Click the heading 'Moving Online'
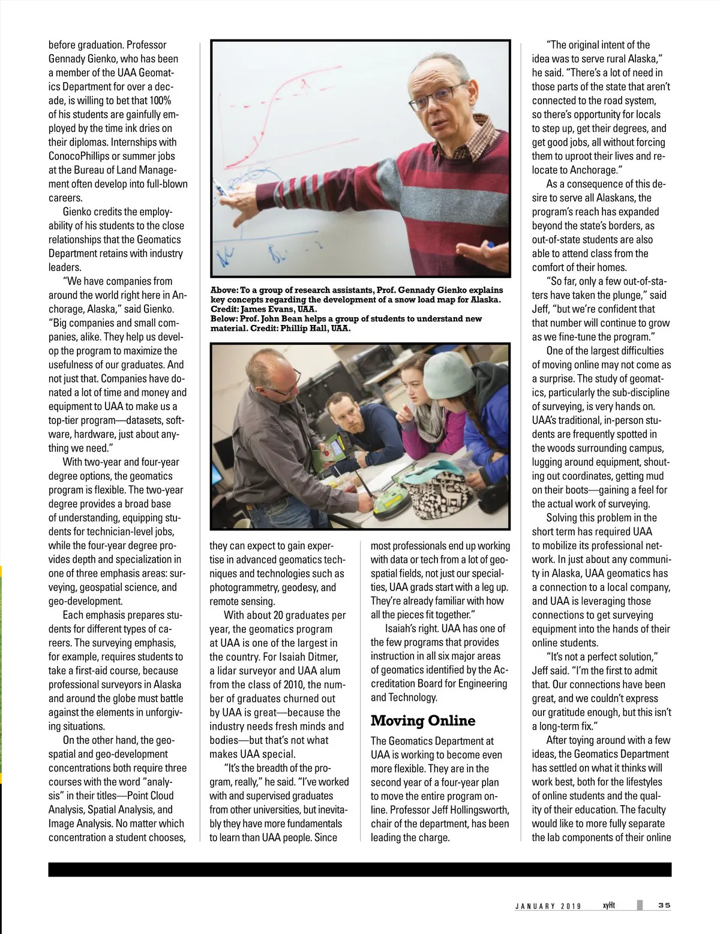click(422, 721)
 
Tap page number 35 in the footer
click(664, 905)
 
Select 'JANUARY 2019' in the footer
click(548, 906)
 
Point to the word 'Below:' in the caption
click(224, 319)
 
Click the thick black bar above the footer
click(360, 870)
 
